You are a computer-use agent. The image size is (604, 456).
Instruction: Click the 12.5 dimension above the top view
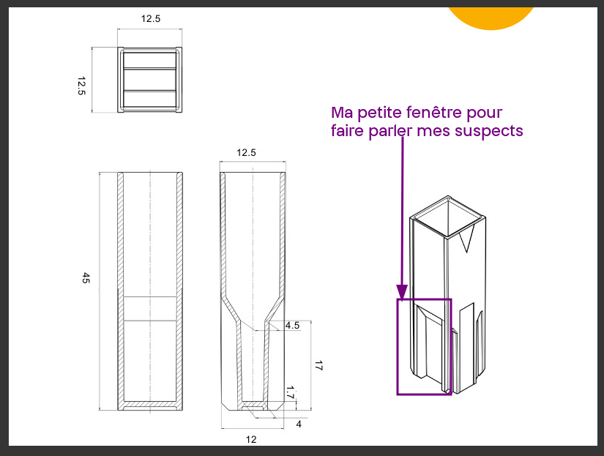click(150, 19)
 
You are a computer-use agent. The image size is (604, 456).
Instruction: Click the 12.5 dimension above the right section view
click(246, 153)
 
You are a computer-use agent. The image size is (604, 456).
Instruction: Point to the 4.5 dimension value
click(292, 325)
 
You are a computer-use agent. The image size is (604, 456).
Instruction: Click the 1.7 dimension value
click(290, 393)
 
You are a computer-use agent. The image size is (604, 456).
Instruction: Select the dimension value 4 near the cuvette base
click(299, 424)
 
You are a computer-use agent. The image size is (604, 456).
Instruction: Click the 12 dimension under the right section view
click(251, 439)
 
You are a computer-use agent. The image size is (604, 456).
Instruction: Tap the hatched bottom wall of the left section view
click(150, 405)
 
